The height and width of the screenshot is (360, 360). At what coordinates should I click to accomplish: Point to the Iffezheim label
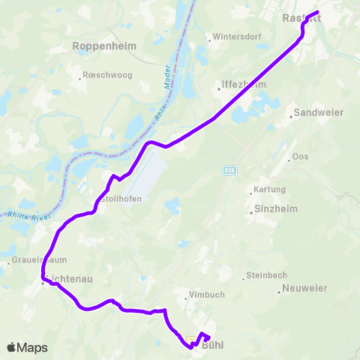pyautogui.click(x=239, y=85)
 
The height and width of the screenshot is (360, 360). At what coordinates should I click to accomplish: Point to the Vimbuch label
pyautogui.click(x=206, y=295)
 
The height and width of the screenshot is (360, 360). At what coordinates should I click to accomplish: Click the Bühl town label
pyautogui.click(x=212, y=346)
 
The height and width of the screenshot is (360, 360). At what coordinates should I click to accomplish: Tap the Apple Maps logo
pyautogui.click(x=27, y=347)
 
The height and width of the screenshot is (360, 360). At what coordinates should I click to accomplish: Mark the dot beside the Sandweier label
pyautogui.click(x=290, y=115)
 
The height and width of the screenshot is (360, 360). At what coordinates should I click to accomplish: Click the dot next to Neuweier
pyautogui.click(x=279, y=291)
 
